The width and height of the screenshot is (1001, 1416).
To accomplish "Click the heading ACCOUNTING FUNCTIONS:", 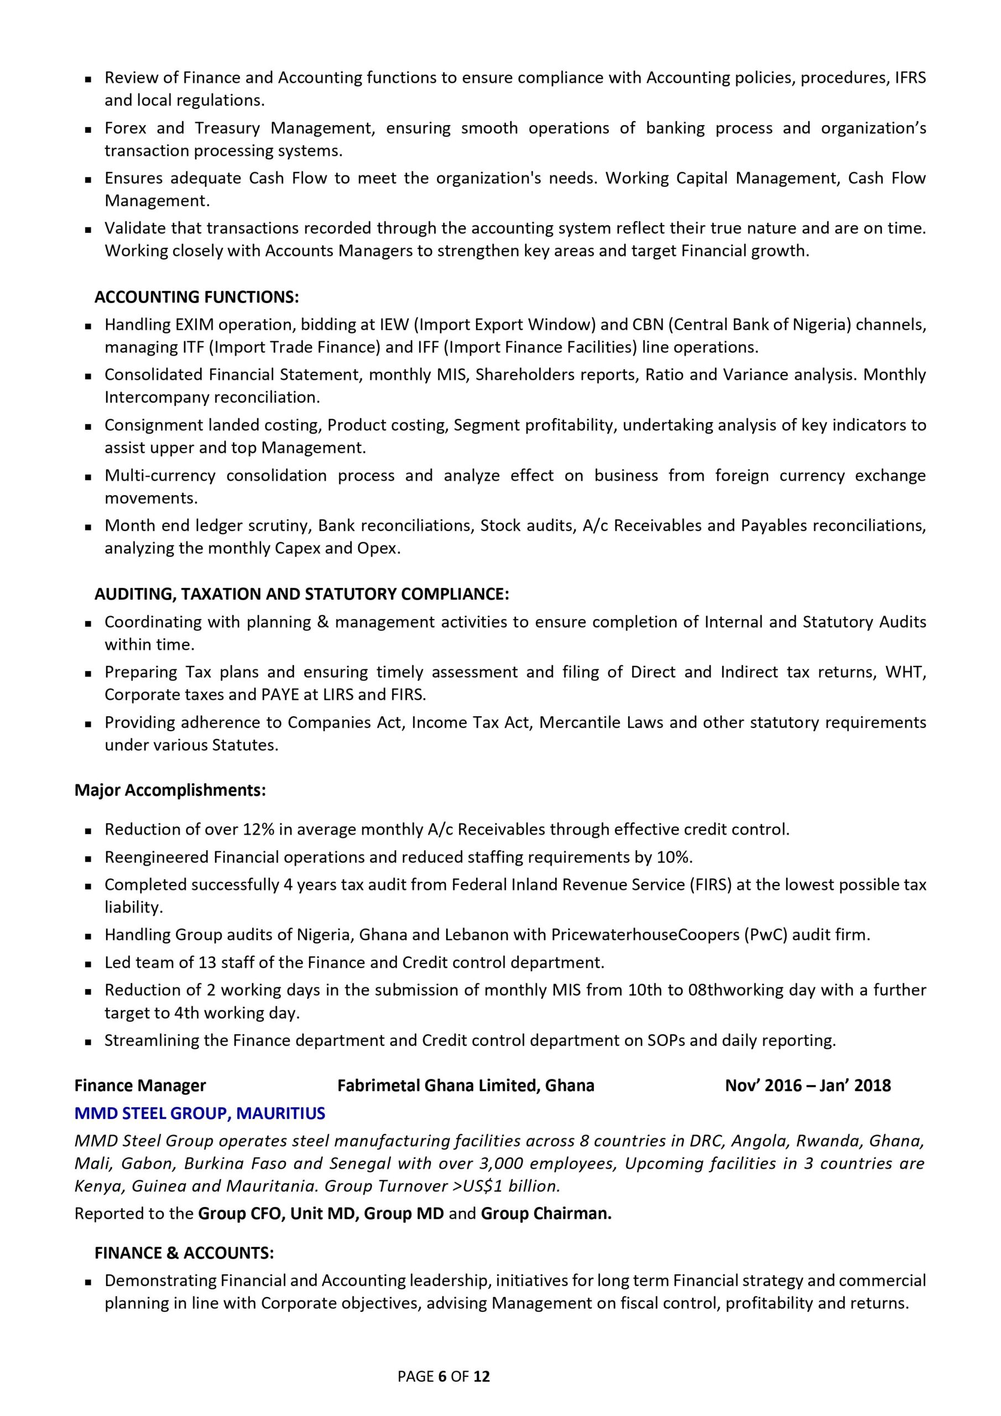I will tap(196, 297).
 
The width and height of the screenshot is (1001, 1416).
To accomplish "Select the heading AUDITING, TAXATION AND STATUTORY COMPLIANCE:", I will tap(301, 594).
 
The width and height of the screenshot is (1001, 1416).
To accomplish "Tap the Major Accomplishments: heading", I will tap(170, 790).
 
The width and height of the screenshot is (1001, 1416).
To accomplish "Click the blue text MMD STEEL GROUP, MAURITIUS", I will tap(200, 1113).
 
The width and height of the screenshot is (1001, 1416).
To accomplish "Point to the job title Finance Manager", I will tap(140, 1085).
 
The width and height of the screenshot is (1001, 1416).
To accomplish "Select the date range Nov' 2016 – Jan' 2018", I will tap(807, 1085).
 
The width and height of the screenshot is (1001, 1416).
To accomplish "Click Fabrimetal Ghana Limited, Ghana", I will tap(466, 1085).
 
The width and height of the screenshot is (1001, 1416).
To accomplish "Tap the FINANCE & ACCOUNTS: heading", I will tap(184, 1253).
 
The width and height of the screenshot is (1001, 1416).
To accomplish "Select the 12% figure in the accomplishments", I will tap(258, 830).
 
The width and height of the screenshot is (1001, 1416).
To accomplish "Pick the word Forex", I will tap(126, 128).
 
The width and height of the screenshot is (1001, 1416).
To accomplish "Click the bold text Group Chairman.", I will tap(546, 1214).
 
